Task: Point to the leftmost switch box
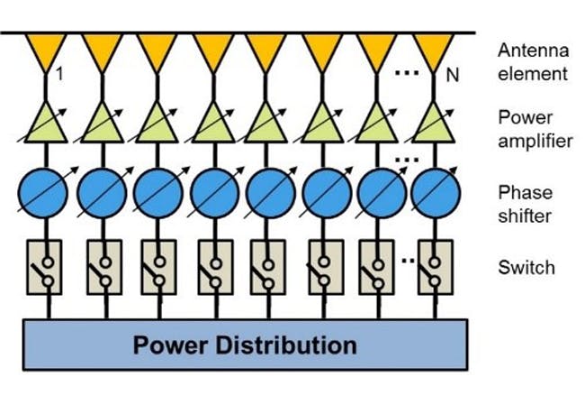pyautogui.click(x=45, y=267)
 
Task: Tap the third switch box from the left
pyautogui.click(x=157, y=267)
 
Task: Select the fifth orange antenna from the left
pyautogui.click(x=268, y=51)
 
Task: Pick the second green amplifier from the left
pyautogui.click(x=102, y=124)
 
